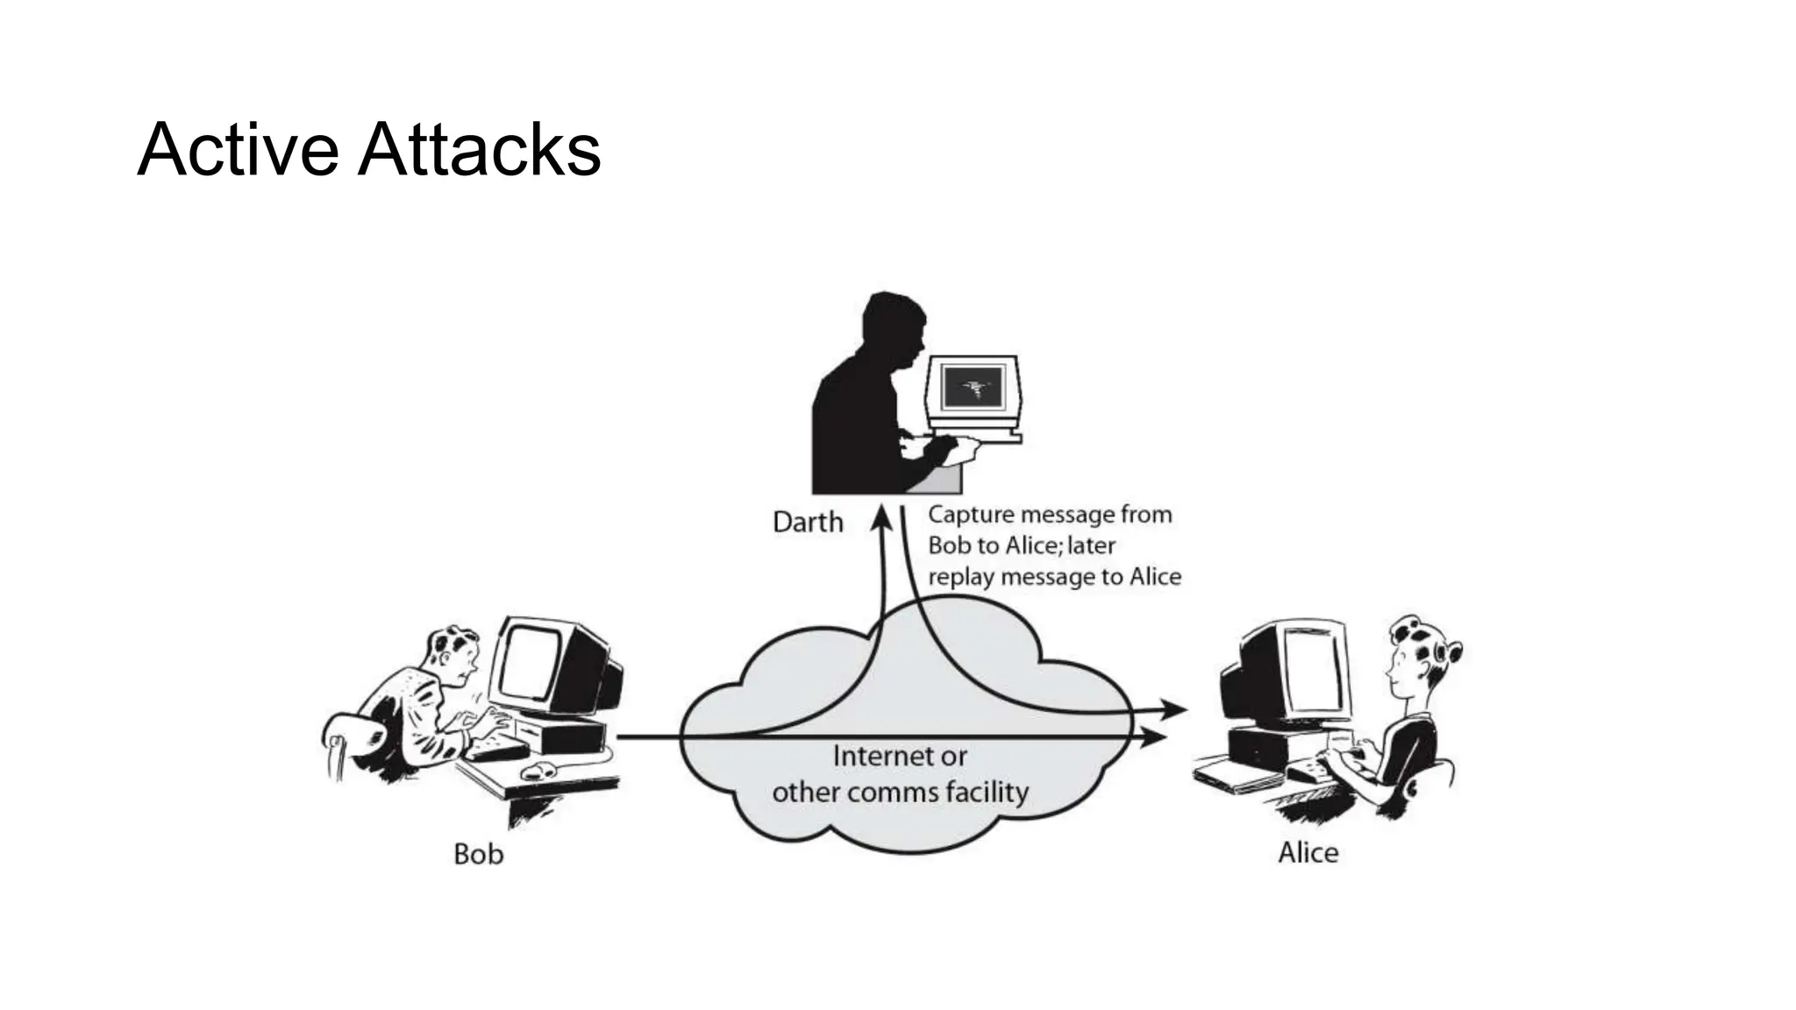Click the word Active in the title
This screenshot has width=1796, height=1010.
tap(237, 149)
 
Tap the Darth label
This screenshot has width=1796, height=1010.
tap(807, 523)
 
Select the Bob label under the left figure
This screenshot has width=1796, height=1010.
tap(478, 853)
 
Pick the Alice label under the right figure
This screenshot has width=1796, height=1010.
tap(1308, 852)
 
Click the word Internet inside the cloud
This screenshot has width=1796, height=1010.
tap(899, 756)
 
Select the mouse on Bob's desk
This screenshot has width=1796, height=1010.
tap(538, 771)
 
